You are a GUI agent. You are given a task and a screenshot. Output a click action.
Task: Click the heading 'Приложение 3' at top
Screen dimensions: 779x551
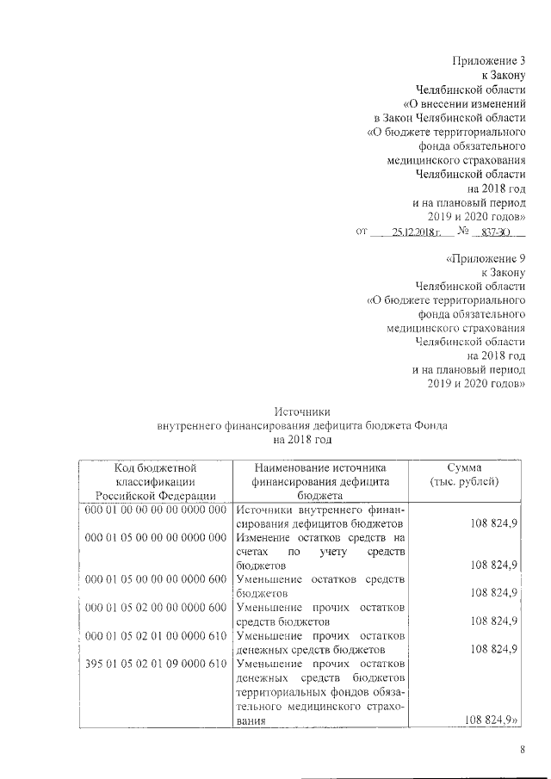click(x=488, y=60)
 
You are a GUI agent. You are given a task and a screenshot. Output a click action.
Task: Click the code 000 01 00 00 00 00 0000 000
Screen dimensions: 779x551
click(x=155, y=510)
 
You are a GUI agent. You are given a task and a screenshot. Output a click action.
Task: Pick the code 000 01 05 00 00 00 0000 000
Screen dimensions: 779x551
click(x=155, y=537)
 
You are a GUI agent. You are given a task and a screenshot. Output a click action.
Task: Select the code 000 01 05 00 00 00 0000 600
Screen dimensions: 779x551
click(x=155, y=579)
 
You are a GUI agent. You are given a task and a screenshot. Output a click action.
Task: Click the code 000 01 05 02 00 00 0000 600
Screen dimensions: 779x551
click(x=155, y=607)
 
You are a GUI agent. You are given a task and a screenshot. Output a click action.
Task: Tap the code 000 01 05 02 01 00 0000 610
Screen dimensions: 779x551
click(x=155, y=635)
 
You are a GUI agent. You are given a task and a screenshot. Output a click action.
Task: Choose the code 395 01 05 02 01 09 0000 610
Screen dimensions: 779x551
click(x=155, y=663)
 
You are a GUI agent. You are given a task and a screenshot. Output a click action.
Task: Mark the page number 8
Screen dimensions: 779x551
click(x=522, y=750)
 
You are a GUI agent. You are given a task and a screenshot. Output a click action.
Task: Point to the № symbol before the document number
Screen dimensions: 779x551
click(x=463, y=232)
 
